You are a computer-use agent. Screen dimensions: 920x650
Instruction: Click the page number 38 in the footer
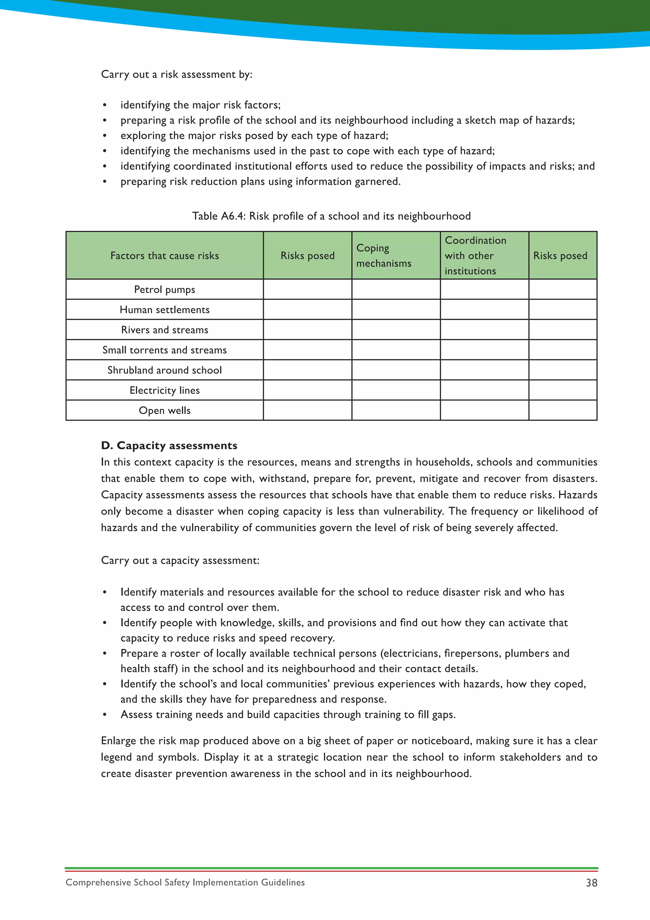pyautogui.click(x=591, y=883)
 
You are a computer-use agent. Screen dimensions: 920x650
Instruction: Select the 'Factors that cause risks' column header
pyautogui.click(x=164, y=256)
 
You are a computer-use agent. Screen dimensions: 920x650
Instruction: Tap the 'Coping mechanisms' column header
pyautogui.click(x=383, y=256)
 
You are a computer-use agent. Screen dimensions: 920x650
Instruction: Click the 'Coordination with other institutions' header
pyautogui.click(x=475, y=256)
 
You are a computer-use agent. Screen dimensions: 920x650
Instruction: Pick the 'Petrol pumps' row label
pyautogui.click(x=164, y=289)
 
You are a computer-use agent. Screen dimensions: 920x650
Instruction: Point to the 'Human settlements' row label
pyautogui.click(x=164, y=310)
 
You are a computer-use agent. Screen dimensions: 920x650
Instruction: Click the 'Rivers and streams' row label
pyautogui.click(x=164, y=330)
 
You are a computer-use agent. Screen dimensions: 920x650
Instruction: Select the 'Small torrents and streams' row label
pyautogui.click(x=164, y=350)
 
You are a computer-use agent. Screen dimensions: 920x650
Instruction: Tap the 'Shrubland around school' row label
pyautogui.click(x=164, y=370)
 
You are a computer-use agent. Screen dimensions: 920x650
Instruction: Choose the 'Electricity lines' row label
pyautogui.click(x=164, y=390)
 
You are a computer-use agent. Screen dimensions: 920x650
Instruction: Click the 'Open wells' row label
pyautogui.click(x=164, y=410)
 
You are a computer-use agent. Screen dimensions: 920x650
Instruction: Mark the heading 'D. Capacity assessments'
pyautogui.click(x=169, y=446)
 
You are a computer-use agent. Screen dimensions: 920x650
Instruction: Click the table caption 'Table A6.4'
pyautogui.click(x=219, y=216)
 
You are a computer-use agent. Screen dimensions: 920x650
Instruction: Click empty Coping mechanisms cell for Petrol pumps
pyautogui.click(x=396, y=289)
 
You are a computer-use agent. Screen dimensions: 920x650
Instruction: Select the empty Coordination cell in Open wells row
pyautogui.click(x=484, y=410)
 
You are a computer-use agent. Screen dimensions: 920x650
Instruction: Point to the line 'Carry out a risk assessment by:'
pyautogui.click(x=176, y=75)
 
